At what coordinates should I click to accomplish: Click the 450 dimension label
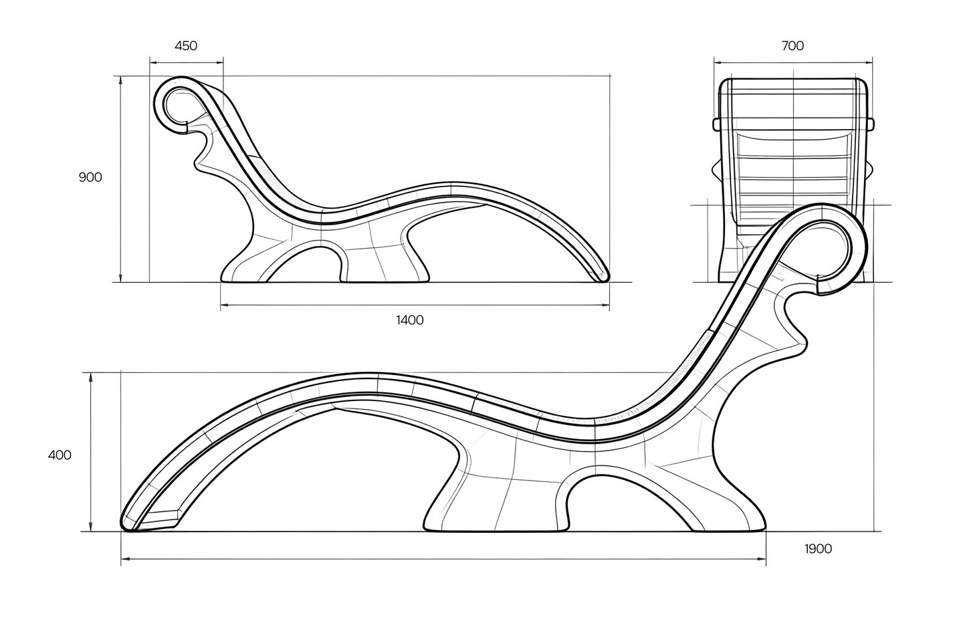click(186, 45)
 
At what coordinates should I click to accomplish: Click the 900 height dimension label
click(90, 177)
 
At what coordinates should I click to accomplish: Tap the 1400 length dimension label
click(410, 320)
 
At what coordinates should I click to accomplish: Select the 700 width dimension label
click(792, 45)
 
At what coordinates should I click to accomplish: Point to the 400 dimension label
click(60, 455)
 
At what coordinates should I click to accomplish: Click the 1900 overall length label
click(818, 549)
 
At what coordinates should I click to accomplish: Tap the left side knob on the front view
click(716, 124)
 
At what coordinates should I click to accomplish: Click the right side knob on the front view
click(871, 124)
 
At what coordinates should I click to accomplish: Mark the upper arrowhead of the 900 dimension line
click(121, 80)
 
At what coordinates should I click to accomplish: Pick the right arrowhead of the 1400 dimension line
click(605, 305)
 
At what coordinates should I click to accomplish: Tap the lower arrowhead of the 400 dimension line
click(90, 527)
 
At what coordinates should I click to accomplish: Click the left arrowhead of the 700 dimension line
click(719, 63)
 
